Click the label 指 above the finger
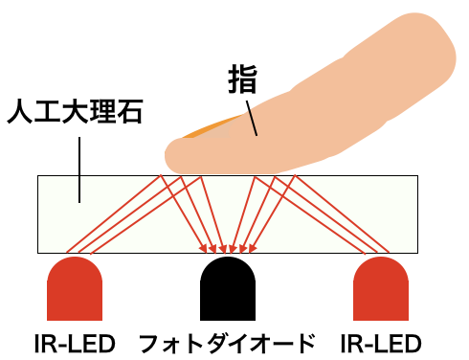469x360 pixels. [x=242, y=79]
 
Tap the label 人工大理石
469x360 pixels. [x=75, y=111]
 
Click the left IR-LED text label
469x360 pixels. [x=75, y=344]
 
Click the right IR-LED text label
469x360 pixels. [x=381, y=344]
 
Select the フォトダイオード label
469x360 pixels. [x=227, y=344]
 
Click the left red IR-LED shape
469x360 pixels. [x=75, y=288]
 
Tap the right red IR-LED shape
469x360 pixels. [x=381, y=288]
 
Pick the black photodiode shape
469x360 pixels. [x=228, y=288]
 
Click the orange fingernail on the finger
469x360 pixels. [x=211, y=127]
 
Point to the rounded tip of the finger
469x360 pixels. [x=169, y=156]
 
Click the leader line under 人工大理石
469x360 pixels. [x=79, y=169]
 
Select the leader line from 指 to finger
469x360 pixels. [x=252, y=119]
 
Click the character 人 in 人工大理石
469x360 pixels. [x=19, y=111]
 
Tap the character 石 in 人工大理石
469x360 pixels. [x=130, y=111]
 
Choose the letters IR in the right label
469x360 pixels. [x=351, y=344]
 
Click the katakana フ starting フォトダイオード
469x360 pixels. [x=150, y=344]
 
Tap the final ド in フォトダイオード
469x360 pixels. [x=304, y=344]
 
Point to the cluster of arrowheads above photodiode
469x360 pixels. [x=228, y=248]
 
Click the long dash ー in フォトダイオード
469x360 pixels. [x=280, y=344]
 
